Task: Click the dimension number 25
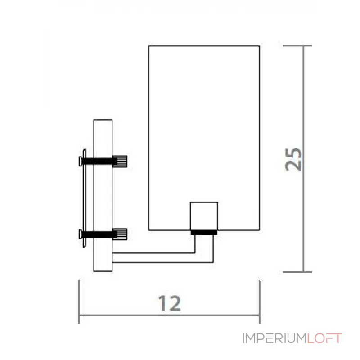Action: click(293, 159)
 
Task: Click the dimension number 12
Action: click(170, 303)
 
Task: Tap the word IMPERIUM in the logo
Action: click(274, 338)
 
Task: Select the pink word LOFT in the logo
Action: click(324, 338)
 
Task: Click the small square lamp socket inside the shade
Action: click(204, 216)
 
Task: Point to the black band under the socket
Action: click(204, 233)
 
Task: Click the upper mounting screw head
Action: click(81, 161)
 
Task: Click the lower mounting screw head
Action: click(81, 234)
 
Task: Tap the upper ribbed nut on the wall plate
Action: click(120, 161)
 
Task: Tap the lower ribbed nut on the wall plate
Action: click(120, 234)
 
